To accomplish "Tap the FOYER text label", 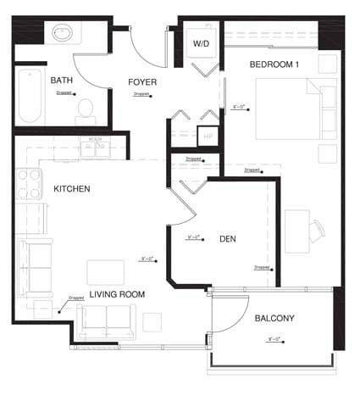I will coord(142,82).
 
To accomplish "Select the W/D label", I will coord(201,43).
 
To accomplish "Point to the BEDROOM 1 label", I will coord(275,64).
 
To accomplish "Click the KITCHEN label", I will coord(72,188).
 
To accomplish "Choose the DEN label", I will coord(227,239).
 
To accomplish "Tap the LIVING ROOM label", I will coord(117,294).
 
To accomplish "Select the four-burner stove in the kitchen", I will coord(30,184).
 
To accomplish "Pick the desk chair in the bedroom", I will coord(316,230).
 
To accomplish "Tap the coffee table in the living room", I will coord(105,270).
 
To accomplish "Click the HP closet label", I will coord(208,136).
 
